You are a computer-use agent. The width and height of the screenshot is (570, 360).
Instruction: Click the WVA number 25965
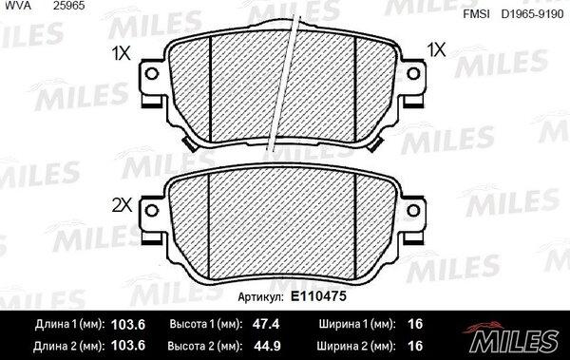69,6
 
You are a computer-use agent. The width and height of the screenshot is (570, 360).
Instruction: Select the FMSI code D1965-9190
532,14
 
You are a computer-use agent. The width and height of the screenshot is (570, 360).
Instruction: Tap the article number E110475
318,296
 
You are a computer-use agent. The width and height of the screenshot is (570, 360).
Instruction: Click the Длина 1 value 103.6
128,324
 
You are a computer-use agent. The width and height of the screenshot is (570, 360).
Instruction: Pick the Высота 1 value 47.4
266,324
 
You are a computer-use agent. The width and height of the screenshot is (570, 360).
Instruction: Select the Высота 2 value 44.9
267,346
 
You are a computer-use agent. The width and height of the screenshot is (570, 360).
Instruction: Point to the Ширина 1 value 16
415,324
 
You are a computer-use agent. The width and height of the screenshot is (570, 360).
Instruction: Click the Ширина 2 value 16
415,346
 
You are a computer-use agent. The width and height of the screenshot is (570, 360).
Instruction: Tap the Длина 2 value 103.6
128,346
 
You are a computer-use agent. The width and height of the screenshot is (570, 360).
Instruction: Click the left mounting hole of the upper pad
152,74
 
